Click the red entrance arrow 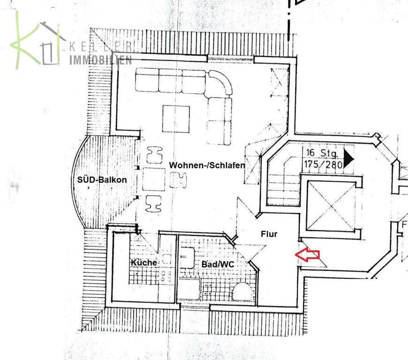tap(307, 255)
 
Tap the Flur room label tap(269, 234)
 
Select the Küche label tap(144, 262)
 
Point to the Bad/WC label tap(218, 264)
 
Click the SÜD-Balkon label tap(102, 180)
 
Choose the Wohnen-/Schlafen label tap(207, 165)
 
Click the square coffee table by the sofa tap(176, 119)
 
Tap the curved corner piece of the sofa tap(221, 82)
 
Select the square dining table tap(154, 180)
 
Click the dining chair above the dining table tap(155, 155)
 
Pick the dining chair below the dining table tap(153, 204)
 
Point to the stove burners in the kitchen tap(166, 276)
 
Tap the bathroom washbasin tap(187, 257)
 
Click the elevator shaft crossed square tap(331, 206)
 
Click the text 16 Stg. tap(322, 153)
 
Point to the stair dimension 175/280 tap(324, 165)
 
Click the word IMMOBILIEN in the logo tap(100, 60)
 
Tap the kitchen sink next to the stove tap(166, 259)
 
